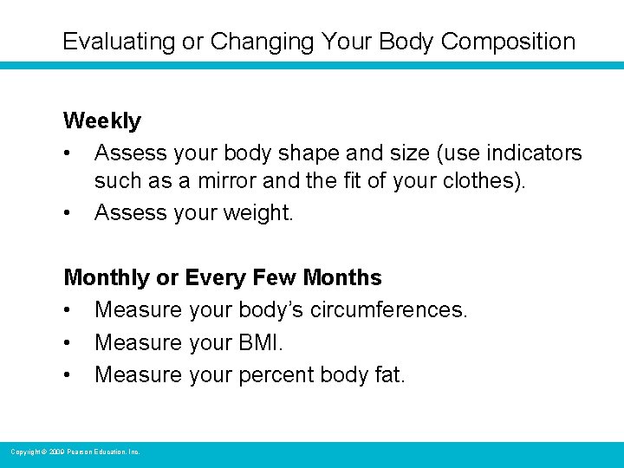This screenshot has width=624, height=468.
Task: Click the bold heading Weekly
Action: [102, 120]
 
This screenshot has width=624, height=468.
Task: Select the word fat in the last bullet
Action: [389, 375]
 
